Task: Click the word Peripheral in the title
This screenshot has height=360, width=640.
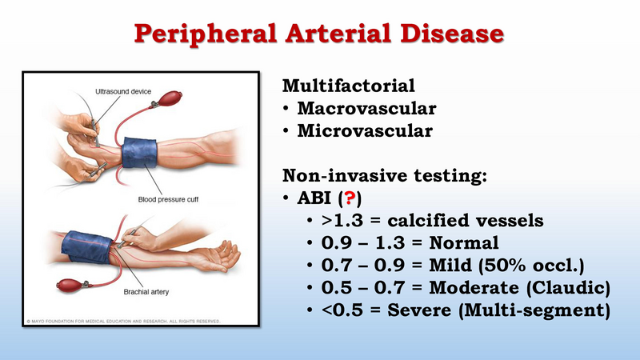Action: (x=206, y=34)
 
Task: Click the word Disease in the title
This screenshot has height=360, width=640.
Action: (x=452, y=34)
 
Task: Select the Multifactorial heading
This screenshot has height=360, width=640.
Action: (x=349, y=86)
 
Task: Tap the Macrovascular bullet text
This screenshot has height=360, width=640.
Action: (x=366, y=108)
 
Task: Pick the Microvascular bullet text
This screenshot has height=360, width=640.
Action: (x=365, y=130)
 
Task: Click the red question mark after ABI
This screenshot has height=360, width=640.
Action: (x=350, y=198)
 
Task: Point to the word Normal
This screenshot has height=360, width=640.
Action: (x=464, y=243)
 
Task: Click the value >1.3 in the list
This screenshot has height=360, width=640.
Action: (x=342, y=221)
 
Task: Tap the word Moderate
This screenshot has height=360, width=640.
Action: (x=474, y=288)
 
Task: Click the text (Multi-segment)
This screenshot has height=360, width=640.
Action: (x=534, y=310)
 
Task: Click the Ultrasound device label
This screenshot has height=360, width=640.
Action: (x=123, y=91)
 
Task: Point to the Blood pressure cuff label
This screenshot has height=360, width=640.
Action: (x=168, y=199)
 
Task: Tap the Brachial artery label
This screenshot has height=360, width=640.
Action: (x=146, y=292)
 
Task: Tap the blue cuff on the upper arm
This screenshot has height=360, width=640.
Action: (x=87, y=247)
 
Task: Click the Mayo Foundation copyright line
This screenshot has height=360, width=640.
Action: (x=123, y=322)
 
